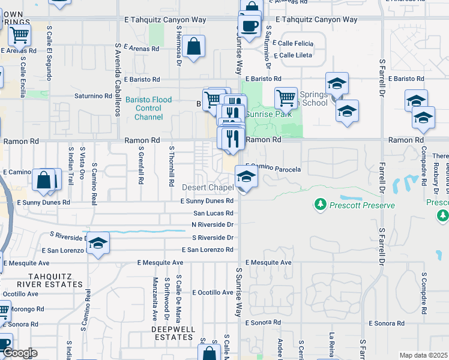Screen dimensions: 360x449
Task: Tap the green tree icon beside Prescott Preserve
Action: [321, 205]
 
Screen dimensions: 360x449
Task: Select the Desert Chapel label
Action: [208, 188]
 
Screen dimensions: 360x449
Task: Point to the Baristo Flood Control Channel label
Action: [148, 109]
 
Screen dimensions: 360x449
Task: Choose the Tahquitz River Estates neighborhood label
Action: [28, 280]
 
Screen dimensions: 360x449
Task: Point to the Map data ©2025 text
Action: [423, 355]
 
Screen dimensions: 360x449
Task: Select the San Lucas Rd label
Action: [213, 213]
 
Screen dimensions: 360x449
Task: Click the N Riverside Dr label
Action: [212, 224]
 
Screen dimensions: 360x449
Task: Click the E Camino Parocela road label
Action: [274, 169]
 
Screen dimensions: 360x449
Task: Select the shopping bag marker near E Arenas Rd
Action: [194, 46]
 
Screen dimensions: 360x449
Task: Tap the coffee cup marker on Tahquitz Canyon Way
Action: [249, 26]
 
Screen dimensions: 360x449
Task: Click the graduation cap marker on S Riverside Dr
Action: [98, 244]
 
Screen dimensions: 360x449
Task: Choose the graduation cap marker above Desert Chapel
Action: [246, 176]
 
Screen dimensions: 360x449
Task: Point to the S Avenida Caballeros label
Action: [118, 78]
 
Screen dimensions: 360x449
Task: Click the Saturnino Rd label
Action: [89, 95]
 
